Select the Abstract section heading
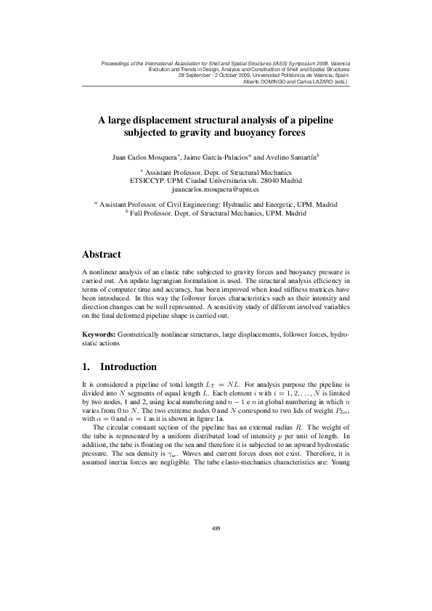pyautogui.click(x=105, y=255)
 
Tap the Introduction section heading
pyautogui.click(x=128, y=366)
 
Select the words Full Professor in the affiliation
pyautogui.click(x=152, y=214)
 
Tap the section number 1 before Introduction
pyautogui.click(x=86, y=366)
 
